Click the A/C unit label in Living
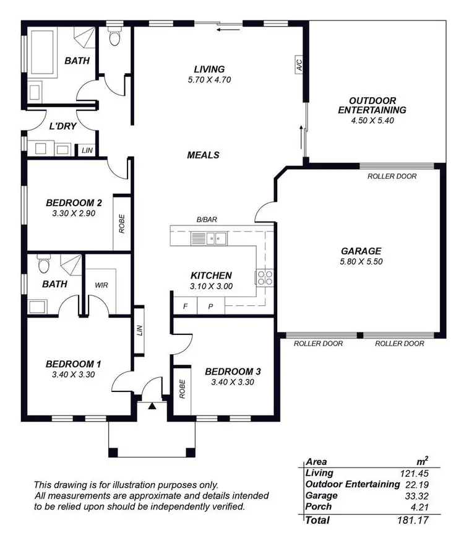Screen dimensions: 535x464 click(x=299, y=66)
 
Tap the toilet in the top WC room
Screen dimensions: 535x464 click(x=114, y=38)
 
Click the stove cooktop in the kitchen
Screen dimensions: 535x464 click(x=265, y=277)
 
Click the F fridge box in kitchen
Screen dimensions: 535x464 click(x=184, y=306)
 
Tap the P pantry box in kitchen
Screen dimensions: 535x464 click(x=210, y=306)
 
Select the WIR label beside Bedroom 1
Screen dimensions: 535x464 click(x=101, y=285)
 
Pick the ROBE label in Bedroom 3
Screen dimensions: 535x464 click(x=182, y=388)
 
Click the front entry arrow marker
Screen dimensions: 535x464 click(x=152, y=406)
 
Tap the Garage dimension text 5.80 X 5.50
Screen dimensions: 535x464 click(x=361, y=263)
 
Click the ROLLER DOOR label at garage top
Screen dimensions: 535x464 click(x=392, y=176)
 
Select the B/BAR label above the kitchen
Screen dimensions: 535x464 click(x=207, y=219)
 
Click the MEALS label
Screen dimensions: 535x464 click(x=203, y=155)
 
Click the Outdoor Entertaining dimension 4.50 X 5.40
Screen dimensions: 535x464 click(x=372, y=120)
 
